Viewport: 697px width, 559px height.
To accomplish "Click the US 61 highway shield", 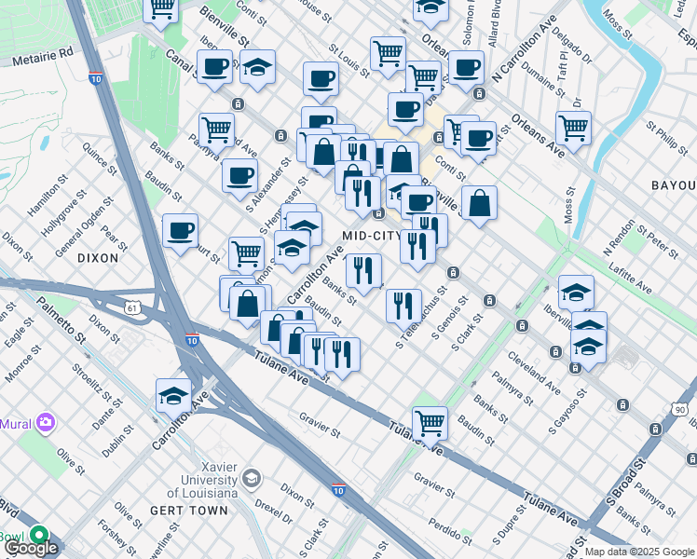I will [x=134, y=307].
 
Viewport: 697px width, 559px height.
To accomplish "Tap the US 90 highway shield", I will [x=681, y=410].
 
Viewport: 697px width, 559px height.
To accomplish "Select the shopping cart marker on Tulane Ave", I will [x=430, y=423].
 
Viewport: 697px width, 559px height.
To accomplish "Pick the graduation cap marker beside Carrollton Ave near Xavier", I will [x=173, y=395].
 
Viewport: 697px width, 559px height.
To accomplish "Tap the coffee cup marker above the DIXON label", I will [x=180, y=229].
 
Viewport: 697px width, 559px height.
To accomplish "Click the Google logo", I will [x=30, y=548].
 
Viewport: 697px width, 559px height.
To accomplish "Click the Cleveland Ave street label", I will [x=534, y=372].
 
